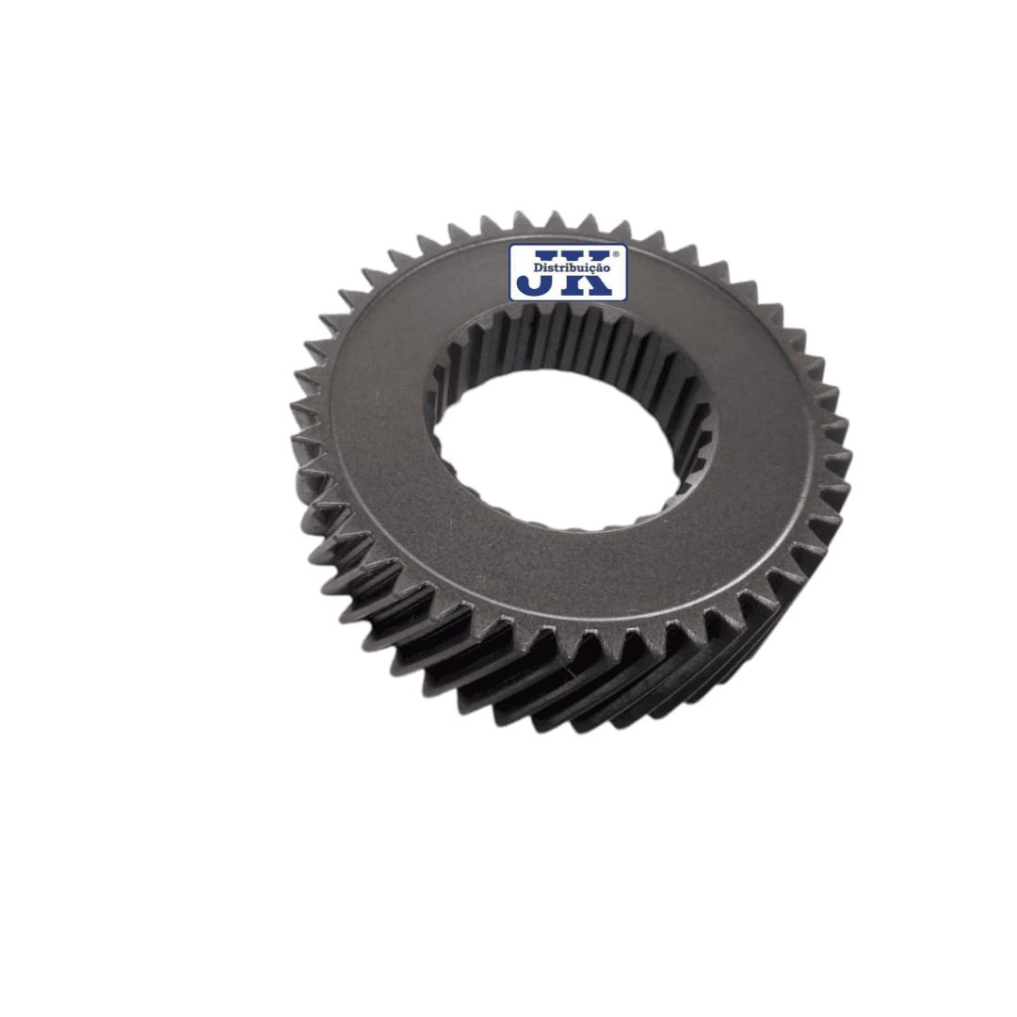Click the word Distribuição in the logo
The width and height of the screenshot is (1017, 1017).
click(x=572, y=267)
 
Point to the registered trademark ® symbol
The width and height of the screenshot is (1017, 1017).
click(x=616, y=255)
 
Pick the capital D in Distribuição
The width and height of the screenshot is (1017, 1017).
click(x=538, y=267)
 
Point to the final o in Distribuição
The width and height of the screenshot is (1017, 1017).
click(x=606, y=268)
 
